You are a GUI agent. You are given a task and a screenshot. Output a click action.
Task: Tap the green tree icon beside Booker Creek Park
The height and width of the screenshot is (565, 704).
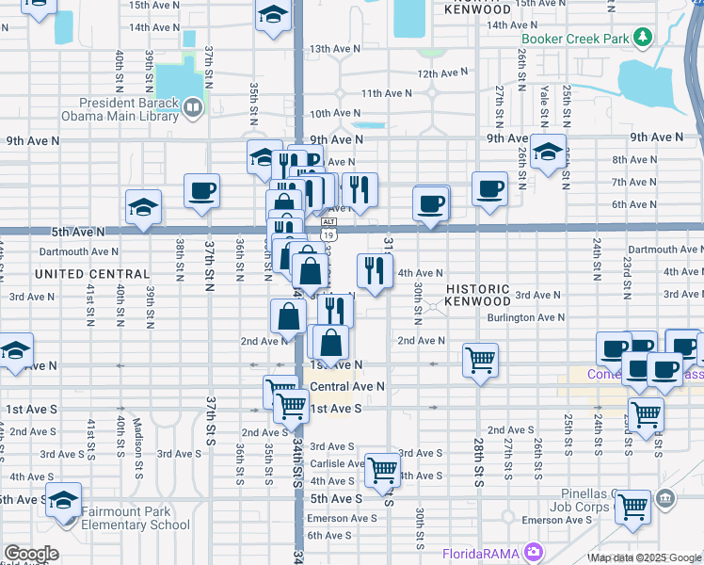tap(643, 38)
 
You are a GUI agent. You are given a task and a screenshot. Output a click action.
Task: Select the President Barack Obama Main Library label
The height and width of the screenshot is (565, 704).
tap(129, 109)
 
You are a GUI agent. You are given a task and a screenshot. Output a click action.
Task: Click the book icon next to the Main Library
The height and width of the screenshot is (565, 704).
tap(193, 108)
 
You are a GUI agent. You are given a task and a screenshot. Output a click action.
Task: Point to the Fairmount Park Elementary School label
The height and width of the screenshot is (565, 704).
tap(136, 519)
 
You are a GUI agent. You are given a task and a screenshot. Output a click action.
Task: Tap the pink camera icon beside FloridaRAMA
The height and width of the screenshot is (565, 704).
tap(535, 551)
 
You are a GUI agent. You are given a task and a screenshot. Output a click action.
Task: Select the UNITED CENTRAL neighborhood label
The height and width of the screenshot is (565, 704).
tap(92, 274)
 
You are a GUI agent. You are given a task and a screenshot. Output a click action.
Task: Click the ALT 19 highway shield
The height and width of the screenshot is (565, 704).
tap(327, 230)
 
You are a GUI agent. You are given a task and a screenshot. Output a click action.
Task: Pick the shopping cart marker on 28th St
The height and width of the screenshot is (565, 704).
tap(480, 359)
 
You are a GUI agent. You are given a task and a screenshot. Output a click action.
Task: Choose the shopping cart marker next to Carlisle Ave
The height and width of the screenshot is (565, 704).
tap(381, 468)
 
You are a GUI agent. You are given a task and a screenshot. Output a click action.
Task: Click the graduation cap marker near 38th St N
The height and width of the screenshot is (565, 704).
tap(143, 206)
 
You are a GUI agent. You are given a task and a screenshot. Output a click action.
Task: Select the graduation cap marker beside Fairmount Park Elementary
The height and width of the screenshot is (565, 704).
tap(63, 499)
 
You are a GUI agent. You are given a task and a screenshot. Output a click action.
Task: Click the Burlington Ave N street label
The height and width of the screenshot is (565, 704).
tap(525, 318)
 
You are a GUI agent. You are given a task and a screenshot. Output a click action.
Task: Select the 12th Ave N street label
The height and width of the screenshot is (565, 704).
tap(441, 73)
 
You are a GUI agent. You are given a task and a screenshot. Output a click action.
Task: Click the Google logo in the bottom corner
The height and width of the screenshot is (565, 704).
tap(31, 554)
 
